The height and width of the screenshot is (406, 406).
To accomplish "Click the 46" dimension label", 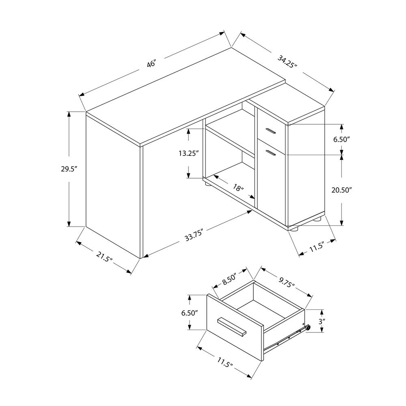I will [151, 64].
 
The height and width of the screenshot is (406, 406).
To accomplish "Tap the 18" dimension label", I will [239, 188].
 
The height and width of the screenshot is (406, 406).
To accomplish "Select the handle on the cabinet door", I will [271, 152].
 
